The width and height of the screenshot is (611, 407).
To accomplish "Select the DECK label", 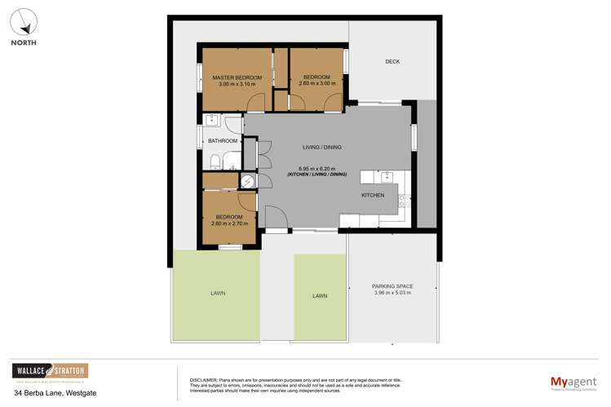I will [392, 62].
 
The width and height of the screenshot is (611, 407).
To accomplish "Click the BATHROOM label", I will [222, 141].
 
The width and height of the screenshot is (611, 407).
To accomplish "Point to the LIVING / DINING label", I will [321, 148].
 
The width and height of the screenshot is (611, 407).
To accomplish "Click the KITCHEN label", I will [373, 196].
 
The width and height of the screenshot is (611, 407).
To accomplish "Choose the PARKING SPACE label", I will [392, 286].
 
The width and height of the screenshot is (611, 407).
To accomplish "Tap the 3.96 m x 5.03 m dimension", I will [392, 293].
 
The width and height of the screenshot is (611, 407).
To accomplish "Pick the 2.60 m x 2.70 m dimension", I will [230, 223].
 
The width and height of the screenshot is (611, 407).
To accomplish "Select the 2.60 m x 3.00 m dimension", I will [317, 83].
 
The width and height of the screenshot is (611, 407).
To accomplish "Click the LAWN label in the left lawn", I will [217, 293].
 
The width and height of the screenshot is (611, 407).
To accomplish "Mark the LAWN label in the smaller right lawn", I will [319, 296].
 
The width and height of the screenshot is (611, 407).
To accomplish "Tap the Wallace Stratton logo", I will [50, 373].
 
